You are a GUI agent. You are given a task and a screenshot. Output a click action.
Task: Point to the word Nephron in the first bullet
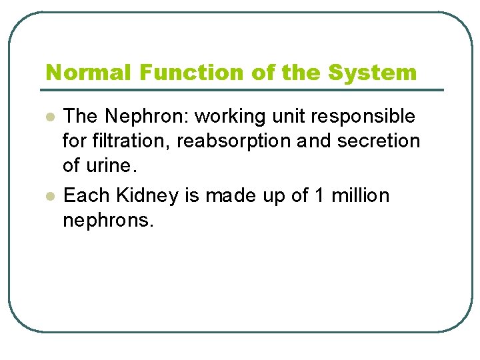(x=146, y=117)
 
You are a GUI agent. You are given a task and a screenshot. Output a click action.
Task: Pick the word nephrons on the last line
(x=107, y=221)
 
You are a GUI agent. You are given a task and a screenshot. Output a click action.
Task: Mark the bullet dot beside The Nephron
(x=49, y=117)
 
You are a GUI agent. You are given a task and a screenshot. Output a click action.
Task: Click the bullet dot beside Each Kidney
(x=49, y=197)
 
